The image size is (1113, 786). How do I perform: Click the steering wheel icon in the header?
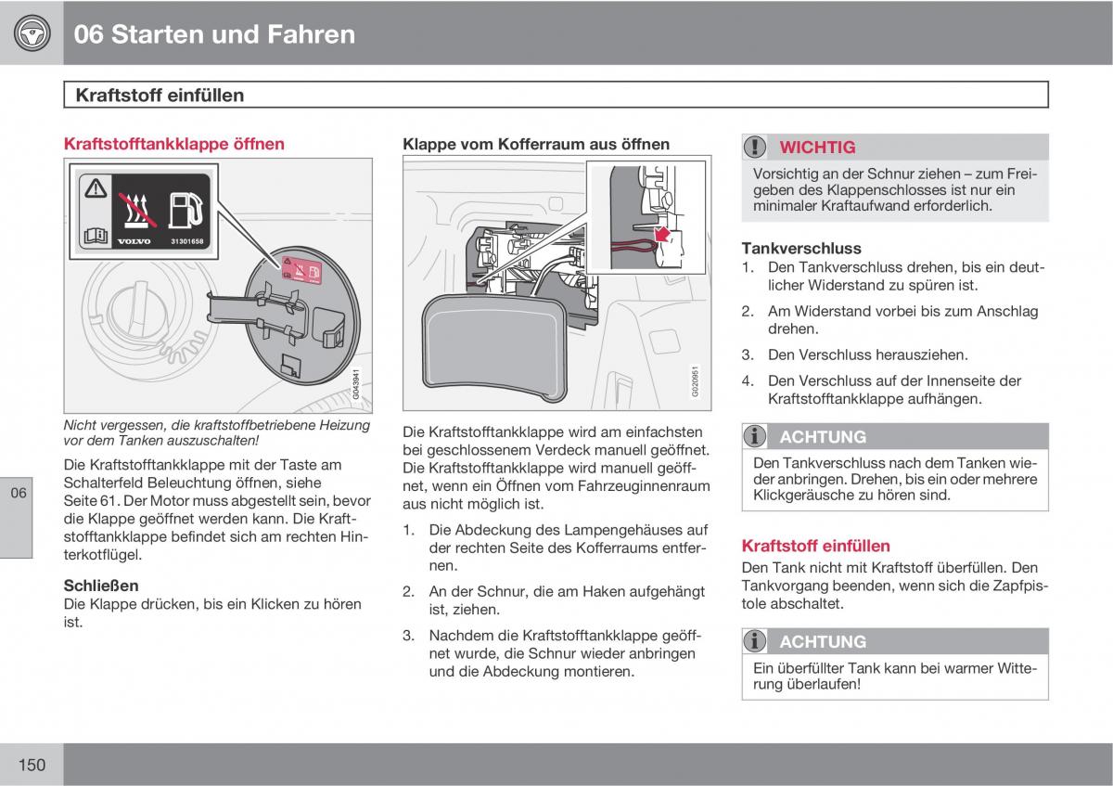[x=32, y=33]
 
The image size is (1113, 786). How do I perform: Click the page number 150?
[x=32, y=765]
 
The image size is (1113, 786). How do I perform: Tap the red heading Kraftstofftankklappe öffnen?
[x=174, y=144]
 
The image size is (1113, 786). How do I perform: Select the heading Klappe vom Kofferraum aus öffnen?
[x=536, y=144]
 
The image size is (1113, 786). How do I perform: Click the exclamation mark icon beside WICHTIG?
[x=755, y=147]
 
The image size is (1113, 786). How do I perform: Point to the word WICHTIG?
[x=817, y=148]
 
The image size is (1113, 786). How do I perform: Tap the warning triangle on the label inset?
[x=96, y=188]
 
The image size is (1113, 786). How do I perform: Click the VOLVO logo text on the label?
[x=134, y=241]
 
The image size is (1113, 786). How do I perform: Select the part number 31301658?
[x=186, y=241]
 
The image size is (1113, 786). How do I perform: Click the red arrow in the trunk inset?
[x=662, y=234]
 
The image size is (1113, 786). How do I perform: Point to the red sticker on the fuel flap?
[x=301, y=271]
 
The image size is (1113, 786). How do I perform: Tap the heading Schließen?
[x=101, y=586]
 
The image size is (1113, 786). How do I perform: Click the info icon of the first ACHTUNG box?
[x=754, y=436]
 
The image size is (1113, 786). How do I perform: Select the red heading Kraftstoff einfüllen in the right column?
[x=816, y=546]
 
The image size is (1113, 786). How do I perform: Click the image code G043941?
[x=356, y=384]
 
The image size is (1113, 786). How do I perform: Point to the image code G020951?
[x=695, y=381]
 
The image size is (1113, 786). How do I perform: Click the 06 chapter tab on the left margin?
[x=18, y=493]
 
